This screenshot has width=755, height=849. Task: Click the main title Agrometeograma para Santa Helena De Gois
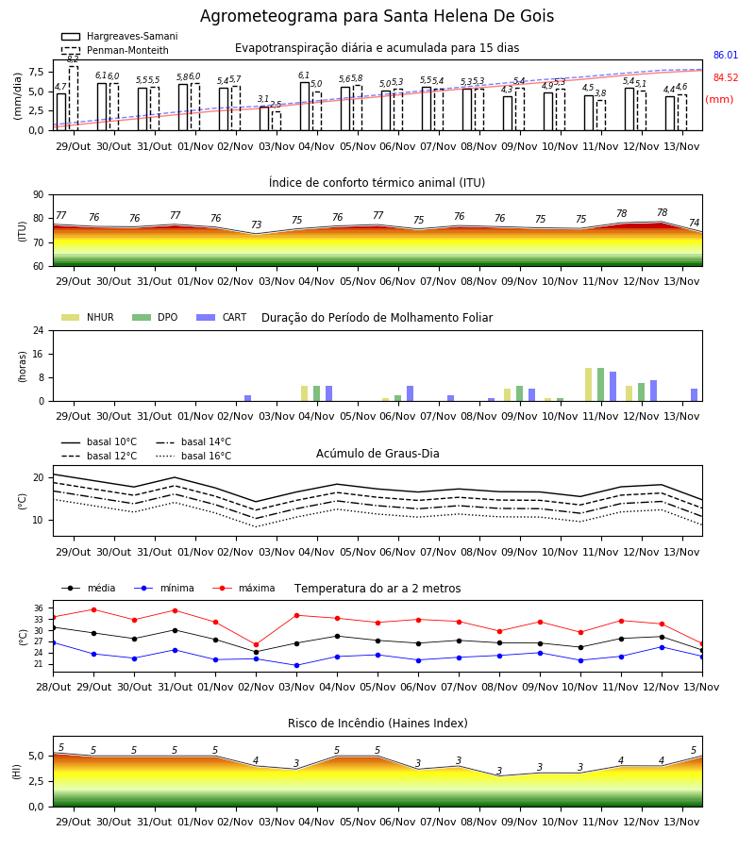(x=377, y=16)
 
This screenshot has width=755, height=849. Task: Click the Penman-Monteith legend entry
(x=115, y=50)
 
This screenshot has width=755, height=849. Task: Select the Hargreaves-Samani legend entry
(x=119, y=36)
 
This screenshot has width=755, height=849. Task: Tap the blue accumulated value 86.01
(x=726, y=55)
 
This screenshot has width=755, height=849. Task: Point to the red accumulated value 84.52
(x=726, y=77)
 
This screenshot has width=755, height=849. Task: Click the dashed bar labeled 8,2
(x=73, y=98)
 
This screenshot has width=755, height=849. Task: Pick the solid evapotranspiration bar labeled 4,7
(x=61, y=112)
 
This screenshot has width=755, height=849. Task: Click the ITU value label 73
(x=256, y=225)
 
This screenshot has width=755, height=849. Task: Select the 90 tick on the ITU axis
(x=38, y=195)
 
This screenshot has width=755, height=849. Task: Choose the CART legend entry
(x=222, y=317)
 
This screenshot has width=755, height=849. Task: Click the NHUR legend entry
(x=88, y=317)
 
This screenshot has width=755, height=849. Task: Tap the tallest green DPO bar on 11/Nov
(x=600, y=385)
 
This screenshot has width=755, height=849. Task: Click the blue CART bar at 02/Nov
(x=248, y=398)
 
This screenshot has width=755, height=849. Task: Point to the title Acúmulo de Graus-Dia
(x=377, y=453)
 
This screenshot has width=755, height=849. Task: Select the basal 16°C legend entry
(x=193, y=456)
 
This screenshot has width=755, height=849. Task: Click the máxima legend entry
(x=243, y=588)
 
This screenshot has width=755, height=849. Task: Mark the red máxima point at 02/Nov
(x=256, y=645)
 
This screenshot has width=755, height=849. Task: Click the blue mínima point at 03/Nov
(x=296, y=665)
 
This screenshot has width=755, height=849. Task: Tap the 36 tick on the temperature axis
(x=39, y=608)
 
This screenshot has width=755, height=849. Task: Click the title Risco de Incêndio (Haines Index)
(x=377, y=723)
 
